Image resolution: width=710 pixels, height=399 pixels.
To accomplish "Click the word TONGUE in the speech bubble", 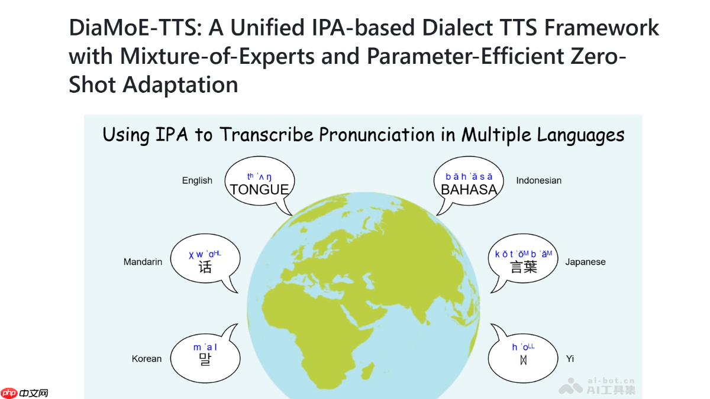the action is tap(259, 190).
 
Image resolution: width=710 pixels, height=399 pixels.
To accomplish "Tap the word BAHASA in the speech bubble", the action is tap(469, 190).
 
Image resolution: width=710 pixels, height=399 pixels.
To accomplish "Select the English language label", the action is tap(197, 180).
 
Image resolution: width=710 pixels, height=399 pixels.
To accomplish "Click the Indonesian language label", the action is tap(539, 180).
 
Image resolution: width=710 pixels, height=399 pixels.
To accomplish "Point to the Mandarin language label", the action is tap(143, 262).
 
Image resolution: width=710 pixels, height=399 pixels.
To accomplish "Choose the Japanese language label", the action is tap(585, 262).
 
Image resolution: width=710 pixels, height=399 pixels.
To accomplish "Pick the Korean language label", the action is tap(147, 359).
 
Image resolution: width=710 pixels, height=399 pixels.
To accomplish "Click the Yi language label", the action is tap(570, 359).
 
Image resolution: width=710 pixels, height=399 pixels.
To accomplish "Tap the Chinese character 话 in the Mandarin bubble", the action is tap(205, 267).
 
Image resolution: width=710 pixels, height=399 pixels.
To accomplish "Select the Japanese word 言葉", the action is tap(524, 267).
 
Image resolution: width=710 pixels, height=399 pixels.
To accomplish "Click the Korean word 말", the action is tap(205, 359).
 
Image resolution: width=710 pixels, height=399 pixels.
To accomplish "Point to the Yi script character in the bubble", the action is tap(523, 360).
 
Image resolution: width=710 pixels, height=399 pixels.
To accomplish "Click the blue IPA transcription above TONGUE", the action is tap(259, 176).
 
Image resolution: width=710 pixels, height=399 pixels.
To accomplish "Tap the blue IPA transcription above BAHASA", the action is tap(469, 176).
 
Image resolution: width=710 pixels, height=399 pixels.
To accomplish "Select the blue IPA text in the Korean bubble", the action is tap(205, 347).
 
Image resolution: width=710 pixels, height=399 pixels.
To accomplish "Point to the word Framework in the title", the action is tap(602, 28).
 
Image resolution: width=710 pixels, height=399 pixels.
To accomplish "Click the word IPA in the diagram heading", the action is tap(172, 135).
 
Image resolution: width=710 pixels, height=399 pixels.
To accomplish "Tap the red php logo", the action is tap(9, 392).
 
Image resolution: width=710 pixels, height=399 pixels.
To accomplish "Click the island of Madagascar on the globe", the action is tap(367, 371).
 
